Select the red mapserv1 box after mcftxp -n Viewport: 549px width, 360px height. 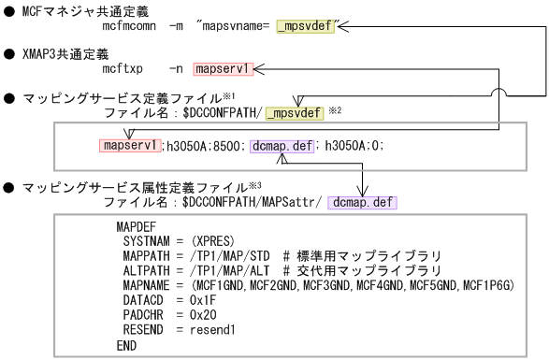pyautogui.click(x=222, y=69)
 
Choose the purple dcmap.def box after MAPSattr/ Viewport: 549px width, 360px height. pyautogui.click(x=363, y=201)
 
